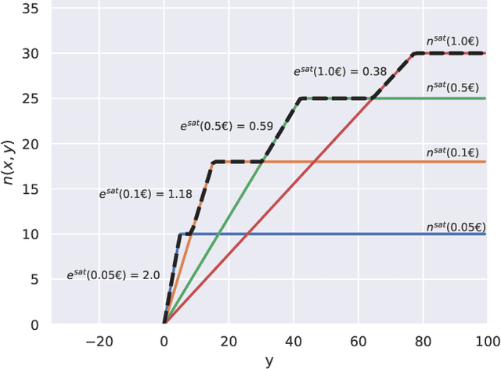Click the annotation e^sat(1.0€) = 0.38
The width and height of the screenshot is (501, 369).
(341, 71)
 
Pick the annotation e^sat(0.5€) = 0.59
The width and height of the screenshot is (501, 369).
(222, 125)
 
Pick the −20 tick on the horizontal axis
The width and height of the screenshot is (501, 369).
(99, 341)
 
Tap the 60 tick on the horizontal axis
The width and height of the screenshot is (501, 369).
(359, 341)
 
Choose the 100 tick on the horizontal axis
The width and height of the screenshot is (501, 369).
(487, 341)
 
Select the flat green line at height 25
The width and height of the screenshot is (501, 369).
(438, 99)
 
